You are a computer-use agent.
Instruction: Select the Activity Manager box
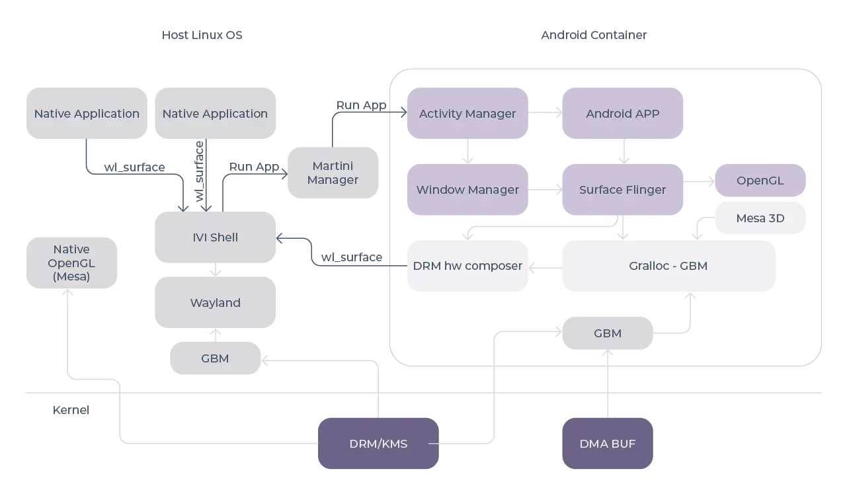(x=467, y=114)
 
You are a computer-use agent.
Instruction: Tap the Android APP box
(x=622, y=114)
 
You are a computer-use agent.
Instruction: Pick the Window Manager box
(x=467, y=190)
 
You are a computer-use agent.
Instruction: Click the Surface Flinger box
(x=622, y=190)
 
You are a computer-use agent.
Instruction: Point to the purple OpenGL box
(x=760, y=181)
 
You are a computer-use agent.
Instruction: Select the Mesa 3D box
(x=760, y=218)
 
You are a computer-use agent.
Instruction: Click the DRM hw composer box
(x=467, y=266)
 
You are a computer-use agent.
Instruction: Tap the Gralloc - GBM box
(x=668, y=266)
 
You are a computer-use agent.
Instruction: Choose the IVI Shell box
(x=215, y=237)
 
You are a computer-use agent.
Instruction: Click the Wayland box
(x=215, y=303)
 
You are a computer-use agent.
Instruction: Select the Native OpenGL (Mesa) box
(x=71, y=263)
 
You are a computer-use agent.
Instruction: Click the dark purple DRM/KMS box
(x=378, y=444)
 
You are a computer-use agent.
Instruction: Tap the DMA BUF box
(x=607, y=444)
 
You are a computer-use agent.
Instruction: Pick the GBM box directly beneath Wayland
(x=215, y=358)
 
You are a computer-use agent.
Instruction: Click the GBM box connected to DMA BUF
(x=607, y=333)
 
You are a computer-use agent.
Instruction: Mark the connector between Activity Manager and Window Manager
(x=467, y=152)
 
